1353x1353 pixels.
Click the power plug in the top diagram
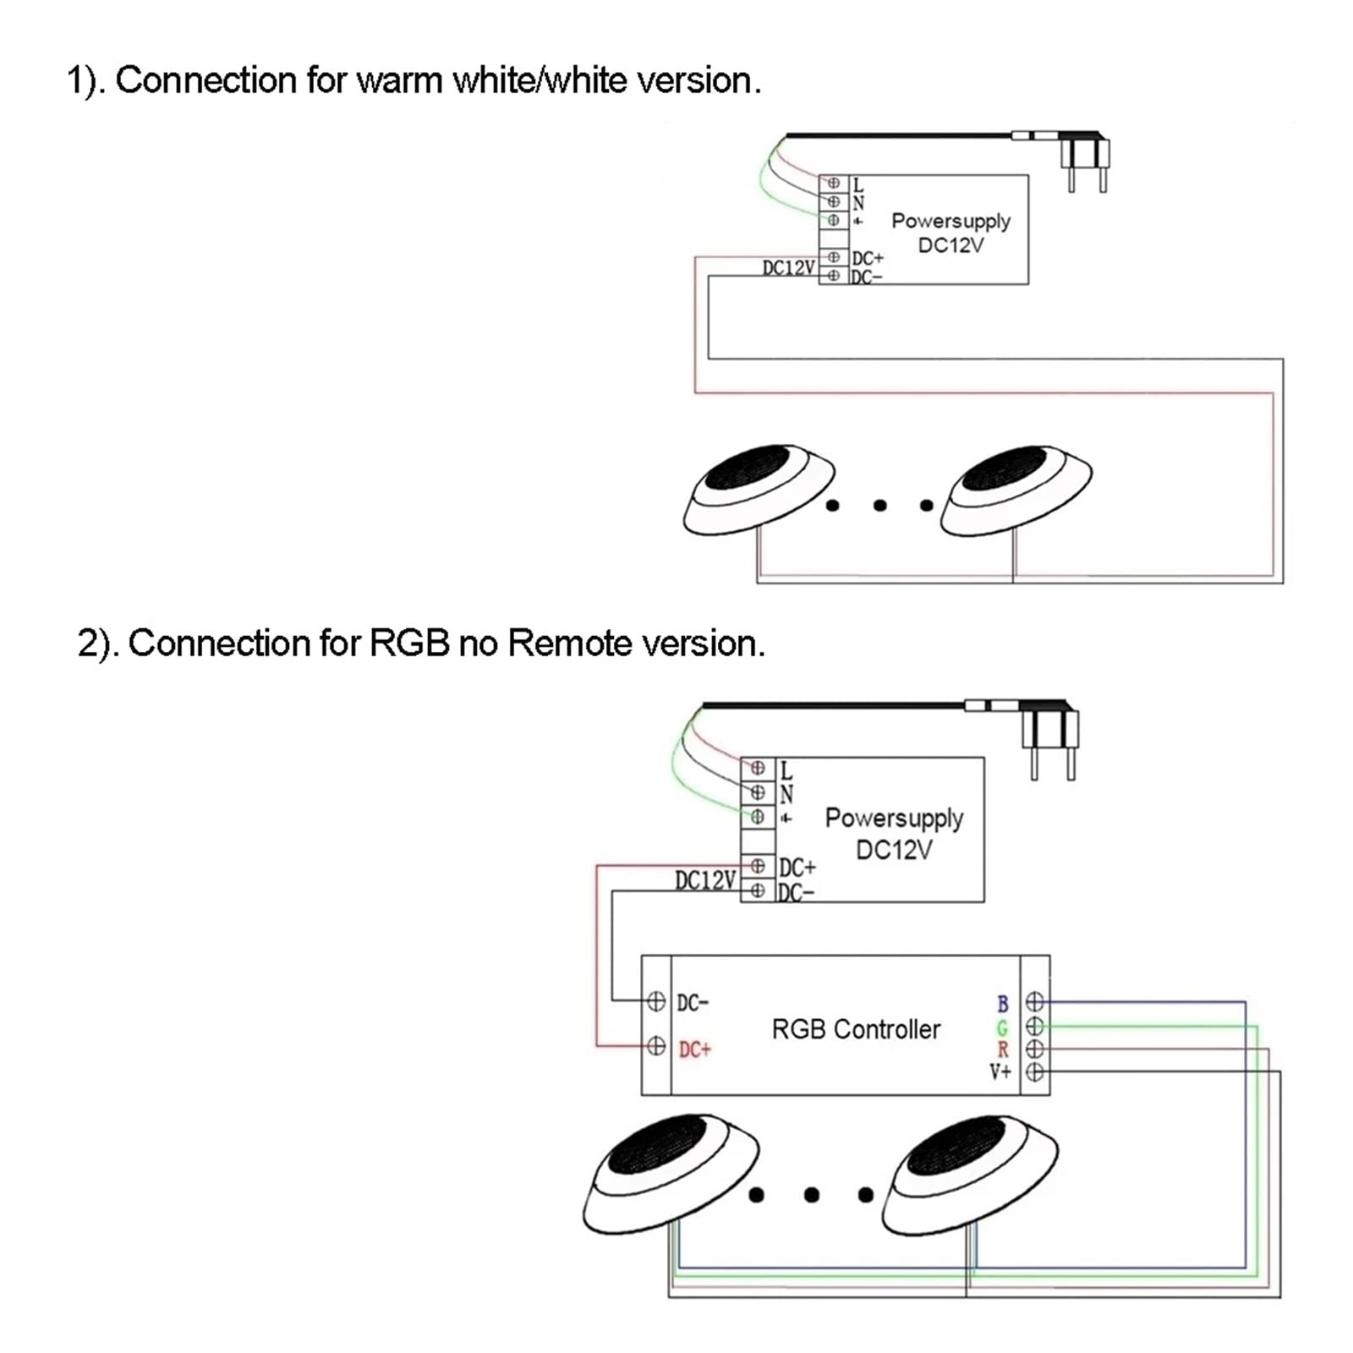[x=1084, y=161]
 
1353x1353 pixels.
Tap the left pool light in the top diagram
[x=759, y=490]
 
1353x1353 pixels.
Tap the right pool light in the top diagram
[x=1016, y=491]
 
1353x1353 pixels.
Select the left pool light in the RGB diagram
[x=671, y=1170]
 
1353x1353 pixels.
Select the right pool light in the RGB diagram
[x=970, y=1171]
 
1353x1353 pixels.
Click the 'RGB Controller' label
[x=856, y=1029]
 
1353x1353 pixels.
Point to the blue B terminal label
[x=1003, y=1004]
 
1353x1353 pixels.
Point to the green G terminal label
[x=1003, y=1027]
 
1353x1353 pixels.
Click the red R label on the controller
[x=1003, y=1050]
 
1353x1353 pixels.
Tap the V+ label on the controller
[x=1000, y=1072]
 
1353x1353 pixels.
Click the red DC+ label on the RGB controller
[x=695, y=1049]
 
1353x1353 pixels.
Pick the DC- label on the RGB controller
[x=693, y=1003]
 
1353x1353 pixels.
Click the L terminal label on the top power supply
[x=858, y=184]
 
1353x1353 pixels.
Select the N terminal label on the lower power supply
[x=786, y=794]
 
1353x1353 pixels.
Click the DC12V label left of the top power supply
[x=788, y=268]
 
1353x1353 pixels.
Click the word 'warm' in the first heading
[x=400, y=81]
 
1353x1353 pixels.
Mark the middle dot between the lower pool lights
[x=812, y=1195]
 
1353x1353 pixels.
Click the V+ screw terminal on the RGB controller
[x=1035, y=1072]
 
